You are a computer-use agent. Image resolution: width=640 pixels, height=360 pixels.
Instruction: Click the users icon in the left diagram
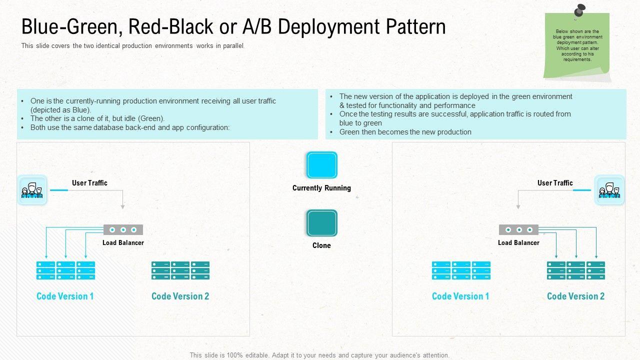(32, 190)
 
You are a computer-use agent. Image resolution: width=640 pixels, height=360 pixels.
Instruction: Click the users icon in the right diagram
(609, 190)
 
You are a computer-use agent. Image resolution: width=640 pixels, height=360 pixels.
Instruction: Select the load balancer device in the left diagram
(123, 229)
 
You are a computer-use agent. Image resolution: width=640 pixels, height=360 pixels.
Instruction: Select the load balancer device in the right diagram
(518, 229)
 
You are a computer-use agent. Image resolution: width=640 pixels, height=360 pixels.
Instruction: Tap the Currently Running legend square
(321, 165)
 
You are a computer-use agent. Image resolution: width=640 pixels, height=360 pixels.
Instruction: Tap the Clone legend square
(321, 223)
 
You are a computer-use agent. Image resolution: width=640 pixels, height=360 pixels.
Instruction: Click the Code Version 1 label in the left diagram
(65, 296)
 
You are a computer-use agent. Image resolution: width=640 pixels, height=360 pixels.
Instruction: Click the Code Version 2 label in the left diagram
(180, 296)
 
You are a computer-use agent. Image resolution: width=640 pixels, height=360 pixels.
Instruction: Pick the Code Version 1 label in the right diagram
(460, 296)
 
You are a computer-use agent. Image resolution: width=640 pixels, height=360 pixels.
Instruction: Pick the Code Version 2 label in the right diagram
(575, 296)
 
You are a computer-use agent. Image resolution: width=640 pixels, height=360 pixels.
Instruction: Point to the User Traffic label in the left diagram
(89, 183)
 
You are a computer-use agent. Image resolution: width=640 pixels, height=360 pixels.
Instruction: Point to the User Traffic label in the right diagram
(555, 183)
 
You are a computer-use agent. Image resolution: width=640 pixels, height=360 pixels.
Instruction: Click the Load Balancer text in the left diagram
(123, 243)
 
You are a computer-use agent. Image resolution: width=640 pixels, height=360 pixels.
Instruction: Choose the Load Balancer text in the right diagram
(518, 243)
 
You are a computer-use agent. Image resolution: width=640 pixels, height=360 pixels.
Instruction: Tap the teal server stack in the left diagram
(180, 270)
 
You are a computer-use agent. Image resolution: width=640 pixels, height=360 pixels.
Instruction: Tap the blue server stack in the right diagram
(461, 270)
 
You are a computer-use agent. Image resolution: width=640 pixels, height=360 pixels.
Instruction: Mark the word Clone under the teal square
(321, 245)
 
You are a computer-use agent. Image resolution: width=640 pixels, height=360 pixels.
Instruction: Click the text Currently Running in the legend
(321, 188)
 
